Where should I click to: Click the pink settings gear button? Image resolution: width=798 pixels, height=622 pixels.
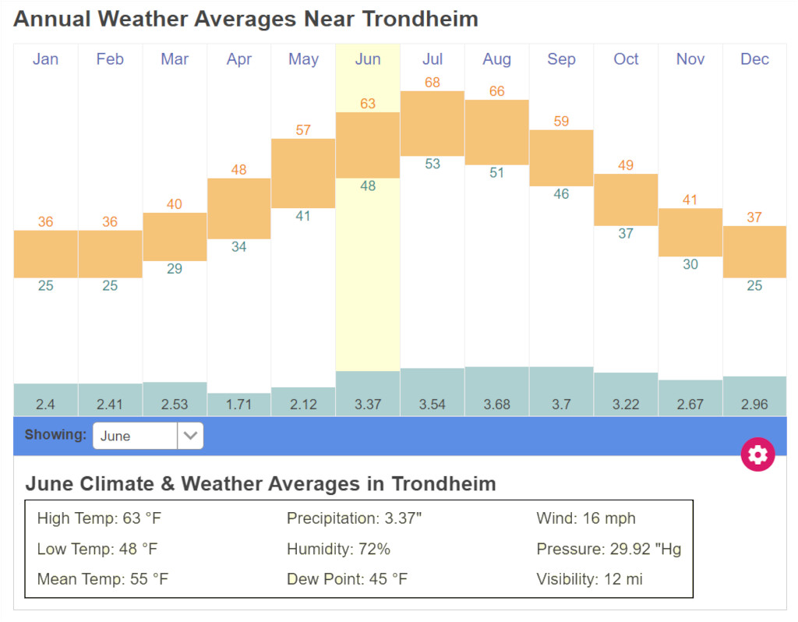point(757,454)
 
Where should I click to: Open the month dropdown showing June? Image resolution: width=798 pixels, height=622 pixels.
point(148,436)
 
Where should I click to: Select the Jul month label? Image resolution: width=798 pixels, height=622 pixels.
point(433,59)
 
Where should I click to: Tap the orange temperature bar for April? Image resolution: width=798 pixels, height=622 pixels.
point(238,208)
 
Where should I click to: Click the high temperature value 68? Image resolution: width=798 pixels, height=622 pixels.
point(433,82)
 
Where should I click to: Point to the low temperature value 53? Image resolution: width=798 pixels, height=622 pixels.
point(433,164)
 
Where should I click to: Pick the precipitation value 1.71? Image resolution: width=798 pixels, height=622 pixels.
point(238,405)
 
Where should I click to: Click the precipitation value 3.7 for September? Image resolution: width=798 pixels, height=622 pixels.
point(561,405)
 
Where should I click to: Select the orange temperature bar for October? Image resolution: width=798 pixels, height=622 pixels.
point(626,200)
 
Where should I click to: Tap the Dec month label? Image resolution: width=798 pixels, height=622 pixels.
point(754,59)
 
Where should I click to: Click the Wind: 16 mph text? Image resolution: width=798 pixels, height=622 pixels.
point(586,518)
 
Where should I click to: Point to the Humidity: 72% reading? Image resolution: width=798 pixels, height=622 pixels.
point(338,549)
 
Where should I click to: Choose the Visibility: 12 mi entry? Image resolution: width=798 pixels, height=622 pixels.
point(589,579)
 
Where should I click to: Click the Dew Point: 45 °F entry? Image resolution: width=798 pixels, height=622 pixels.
point(347,579)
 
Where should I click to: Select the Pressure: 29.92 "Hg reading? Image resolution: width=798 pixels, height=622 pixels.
point(609,549)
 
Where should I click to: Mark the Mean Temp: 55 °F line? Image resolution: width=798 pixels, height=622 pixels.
point(102,579)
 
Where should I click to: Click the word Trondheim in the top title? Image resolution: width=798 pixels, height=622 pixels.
point(423,19)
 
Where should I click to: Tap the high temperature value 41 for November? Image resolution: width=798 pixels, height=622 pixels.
point(690,200)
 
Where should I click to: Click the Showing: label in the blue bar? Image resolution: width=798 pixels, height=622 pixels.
point(55,435)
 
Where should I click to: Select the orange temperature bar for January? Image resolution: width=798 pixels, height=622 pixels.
point(45,253)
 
